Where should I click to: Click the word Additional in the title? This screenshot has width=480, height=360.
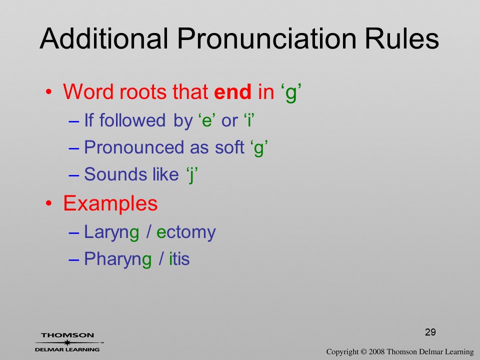click(x=104, y=39)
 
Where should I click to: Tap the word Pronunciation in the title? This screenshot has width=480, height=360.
click(x=266, y=39)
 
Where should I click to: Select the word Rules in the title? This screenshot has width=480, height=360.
click(x=402, y=39)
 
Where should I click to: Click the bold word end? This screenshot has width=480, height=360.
click(x=232, y=91)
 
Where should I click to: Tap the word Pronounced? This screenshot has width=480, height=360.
click(x=133, y=147)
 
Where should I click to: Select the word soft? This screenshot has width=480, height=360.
click(x=229, y=147)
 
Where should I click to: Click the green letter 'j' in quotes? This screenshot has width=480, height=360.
click(x=192, y=175)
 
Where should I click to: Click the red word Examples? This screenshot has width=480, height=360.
click(x=110, y=203)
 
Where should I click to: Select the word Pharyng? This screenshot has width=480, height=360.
click(x=118, y=259)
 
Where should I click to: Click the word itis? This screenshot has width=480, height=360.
click(x=179, y=259)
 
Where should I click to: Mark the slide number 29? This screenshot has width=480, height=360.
click(x=430, y=332)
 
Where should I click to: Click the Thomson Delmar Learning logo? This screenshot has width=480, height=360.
click(x=68, y=342)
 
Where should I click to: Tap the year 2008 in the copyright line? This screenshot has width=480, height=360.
click(x=376, y=352)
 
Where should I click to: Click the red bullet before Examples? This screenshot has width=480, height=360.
click(x=48, y=203)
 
